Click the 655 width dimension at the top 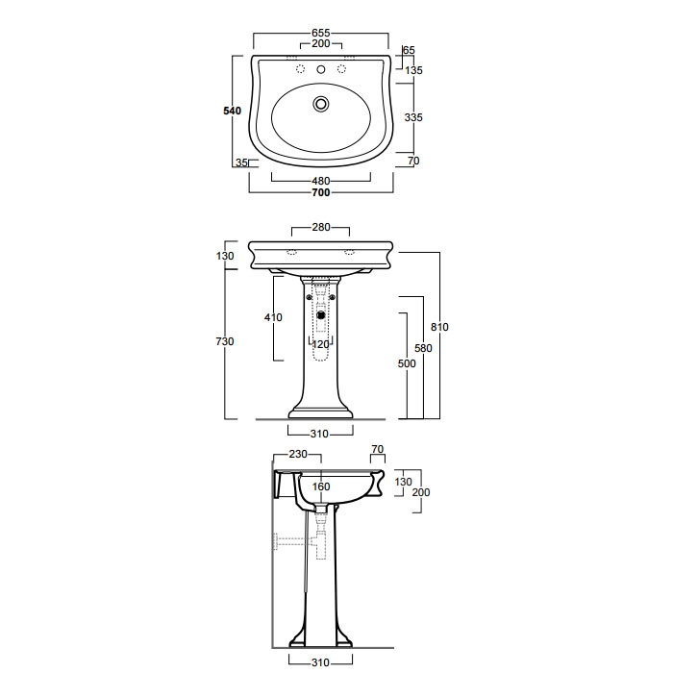coord(320,33)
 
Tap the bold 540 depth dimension coord(233,111)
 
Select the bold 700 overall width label coord(320,192)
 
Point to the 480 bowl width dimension coord(320,181)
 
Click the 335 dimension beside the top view coord(413,117)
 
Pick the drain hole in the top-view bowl coord(320,104)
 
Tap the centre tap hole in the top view coord(320,69)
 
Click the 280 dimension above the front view coord(320,227)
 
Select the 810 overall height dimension coord(439,327)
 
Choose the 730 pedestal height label coord(225,341)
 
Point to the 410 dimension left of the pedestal coord(273,317)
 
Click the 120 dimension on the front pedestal coord(320,344)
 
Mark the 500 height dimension coord(407,363)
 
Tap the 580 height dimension coord(423,348)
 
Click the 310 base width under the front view coord(319,434)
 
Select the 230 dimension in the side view coord(298,454)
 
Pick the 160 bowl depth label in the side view coord(321,486)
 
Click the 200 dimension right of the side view coord(421,492)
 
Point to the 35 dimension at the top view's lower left coord(241,162)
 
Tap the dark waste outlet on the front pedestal coord(320,315)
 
